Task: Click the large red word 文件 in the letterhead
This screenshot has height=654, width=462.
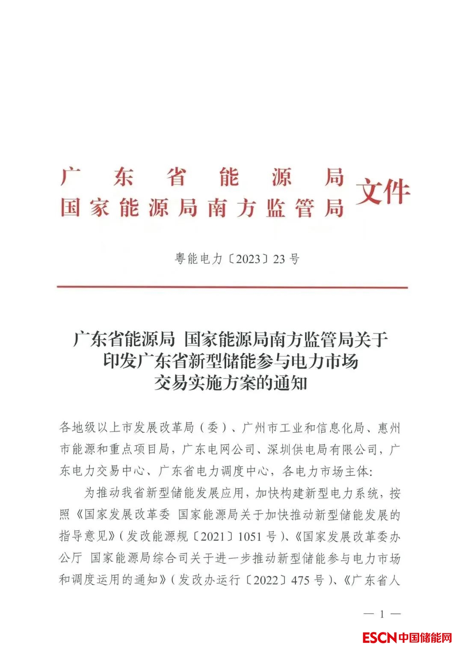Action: coord(383,192)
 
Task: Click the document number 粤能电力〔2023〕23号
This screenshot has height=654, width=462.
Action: coord(237,259)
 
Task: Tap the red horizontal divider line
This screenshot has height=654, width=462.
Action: coord(232,287)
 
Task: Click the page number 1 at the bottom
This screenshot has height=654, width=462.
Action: coord(382,614)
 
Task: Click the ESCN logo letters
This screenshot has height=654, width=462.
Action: coord(379,638)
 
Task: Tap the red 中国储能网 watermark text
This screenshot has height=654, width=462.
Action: coord(425,638)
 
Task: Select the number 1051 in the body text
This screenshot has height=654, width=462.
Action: coord(249,536)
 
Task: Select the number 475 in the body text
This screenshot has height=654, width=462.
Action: coord(300,580)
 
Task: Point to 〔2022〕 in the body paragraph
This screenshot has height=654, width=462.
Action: coord(265,580)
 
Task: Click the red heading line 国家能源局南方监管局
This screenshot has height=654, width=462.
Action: coord(202,208)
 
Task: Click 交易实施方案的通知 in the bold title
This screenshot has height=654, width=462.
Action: coord(231,383)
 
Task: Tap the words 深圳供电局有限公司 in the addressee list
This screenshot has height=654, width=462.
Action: coord(322,449)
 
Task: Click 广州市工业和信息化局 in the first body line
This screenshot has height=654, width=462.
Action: coord(303,427)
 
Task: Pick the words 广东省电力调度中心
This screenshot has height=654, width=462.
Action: coord(214,471)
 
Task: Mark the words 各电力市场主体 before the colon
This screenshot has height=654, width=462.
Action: coord(325,471)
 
